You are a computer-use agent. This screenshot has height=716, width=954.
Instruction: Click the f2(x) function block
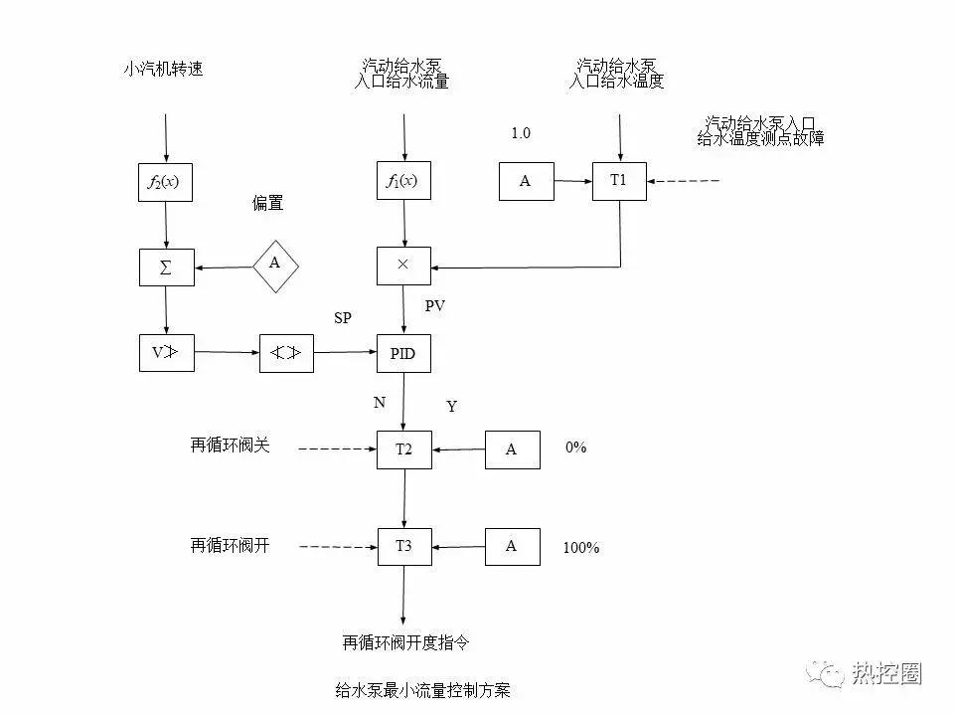166,181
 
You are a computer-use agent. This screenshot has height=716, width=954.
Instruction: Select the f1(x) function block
403,181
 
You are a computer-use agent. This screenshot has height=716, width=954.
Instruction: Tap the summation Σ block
166,267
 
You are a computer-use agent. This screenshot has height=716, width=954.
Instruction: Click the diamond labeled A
275,264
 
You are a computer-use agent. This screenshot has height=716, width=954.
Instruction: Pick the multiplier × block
403,267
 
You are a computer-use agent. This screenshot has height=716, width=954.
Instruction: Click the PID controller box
403,353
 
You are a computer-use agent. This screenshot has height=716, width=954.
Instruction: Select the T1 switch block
619,181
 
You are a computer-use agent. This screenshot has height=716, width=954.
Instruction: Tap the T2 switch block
403,449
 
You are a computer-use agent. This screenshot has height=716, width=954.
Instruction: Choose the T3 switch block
403,546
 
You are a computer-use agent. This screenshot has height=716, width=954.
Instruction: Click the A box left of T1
526,181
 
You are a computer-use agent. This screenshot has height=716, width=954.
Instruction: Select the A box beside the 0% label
512,449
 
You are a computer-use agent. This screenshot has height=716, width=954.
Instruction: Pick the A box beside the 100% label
512,546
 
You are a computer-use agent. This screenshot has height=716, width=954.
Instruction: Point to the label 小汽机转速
163,70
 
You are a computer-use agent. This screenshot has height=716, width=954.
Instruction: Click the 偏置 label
267,203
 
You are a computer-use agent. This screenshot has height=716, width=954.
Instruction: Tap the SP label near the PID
343,317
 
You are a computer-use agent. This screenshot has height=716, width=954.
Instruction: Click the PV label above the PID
434,306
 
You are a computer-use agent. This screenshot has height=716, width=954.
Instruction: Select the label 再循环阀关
230,446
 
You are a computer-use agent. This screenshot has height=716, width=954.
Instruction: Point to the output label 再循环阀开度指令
405,642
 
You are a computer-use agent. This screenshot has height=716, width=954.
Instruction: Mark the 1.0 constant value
521,133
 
